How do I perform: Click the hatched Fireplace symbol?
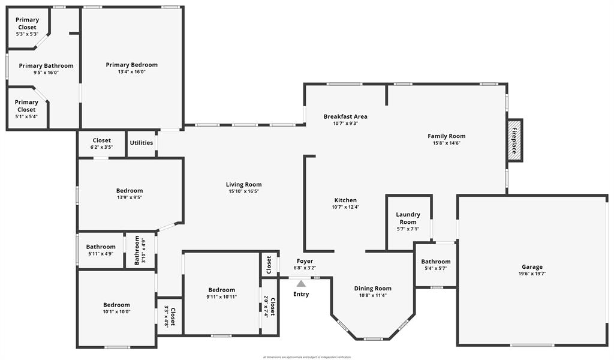point(514,140)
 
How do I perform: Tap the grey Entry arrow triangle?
point(301,284)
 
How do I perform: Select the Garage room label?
point(532,267)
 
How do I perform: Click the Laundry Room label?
point(408,218)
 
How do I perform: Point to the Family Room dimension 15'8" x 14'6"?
point(446,143)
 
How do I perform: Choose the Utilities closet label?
point(142,143)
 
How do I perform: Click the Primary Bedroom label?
point(131,65)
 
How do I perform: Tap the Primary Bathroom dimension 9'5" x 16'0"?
point(46,73)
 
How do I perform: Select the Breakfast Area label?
point(345,116)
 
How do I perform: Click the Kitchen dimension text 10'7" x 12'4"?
point(345,207)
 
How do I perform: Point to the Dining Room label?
point(372,289)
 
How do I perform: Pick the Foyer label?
point(305,262)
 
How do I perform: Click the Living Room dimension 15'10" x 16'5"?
point(243,191)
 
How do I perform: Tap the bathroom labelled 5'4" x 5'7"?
point(435,265)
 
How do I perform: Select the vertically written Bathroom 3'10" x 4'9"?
point(140,251)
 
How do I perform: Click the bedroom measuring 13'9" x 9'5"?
point(130,194)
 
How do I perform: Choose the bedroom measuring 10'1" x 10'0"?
point(116,308)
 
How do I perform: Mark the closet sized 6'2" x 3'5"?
point(101,143)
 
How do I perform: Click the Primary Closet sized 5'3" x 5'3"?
point(27,27)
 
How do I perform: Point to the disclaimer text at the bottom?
point(306,357)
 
